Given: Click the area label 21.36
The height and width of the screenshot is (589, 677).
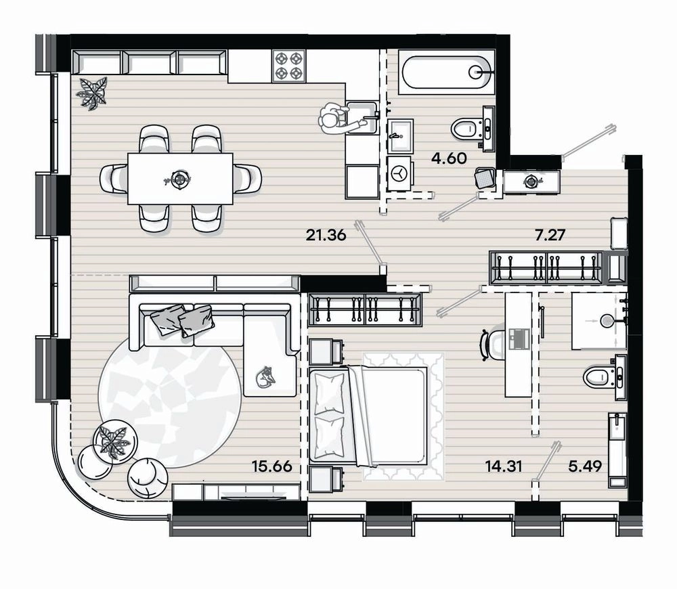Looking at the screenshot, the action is (x=326, y=236).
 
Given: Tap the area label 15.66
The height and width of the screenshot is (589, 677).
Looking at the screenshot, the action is (x=272, y=466).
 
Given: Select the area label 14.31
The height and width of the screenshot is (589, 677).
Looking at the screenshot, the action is (x=504, y=466).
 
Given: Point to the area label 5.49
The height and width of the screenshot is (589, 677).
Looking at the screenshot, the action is (x=585, y=466).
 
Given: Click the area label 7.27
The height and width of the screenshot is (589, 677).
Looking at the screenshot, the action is (x=550, y=236).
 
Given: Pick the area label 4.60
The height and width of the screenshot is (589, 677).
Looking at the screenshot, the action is (x=449, y=158).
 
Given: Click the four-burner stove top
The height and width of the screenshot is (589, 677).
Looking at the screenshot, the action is (x=289, y=66).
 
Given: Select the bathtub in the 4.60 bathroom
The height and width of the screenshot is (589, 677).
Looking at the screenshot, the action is (x=446, y=72).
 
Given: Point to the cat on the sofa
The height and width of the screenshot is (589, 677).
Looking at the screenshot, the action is (x=264, y=377).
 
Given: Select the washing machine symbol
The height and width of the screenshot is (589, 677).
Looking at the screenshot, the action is (x=399, y=173).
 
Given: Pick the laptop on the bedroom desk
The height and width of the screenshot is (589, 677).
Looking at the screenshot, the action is (x=519, y=339).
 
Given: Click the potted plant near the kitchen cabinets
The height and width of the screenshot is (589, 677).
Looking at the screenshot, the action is (x=92, y=93).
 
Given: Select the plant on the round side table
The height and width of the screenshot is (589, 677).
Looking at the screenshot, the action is (x=114, y=441).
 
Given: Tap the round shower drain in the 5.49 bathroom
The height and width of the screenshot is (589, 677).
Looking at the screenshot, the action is (x=607, y=320).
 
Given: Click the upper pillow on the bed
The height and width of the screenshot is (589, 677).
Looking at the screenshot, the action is (x=329, y=394).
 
